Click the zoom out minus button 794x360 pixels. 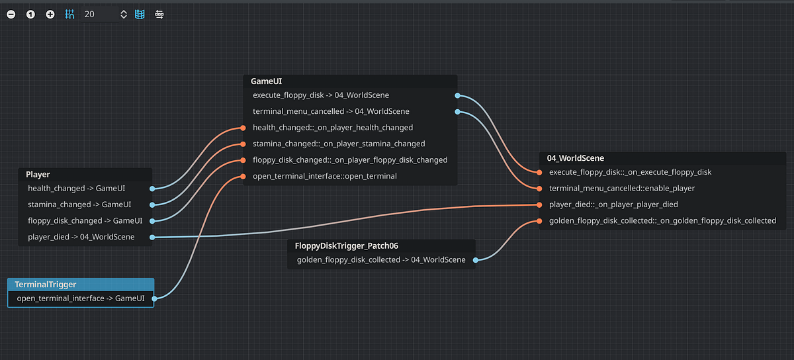coord(11,14)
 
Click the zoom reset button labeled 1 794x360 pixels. coord(30,14)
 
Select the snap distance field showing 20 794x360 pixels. coord(99,14)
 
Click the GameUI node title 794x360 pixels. coord(266,81)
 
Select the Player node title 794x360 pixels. coord(38,175)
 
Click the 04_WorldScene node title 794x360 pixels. coord(575,158)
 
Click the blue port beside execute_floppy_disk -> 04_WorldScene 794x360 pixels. coord(457,95)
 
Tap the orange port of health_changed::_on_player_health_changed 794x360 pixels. coord(243,128)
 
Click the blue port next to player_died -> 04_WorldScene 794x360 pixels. coord(152,237)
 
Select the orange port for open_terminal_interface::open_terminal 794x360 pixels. coord(243,177)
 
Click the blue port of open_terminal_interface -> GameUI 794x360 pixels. coord(154,298)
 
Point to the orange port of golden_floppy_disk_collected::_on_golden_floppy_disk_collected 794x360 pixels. coord(540,221)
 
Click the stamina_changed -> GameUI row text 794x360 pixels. coord(79,204)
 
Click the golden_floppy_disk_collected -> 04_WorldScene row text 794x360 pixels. coord(381,260)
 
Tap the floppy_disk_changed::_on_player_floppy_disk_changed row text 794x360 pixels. coord(350,160)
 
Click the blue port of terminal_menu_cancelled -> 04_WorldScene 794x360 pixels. coord(457,112)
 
